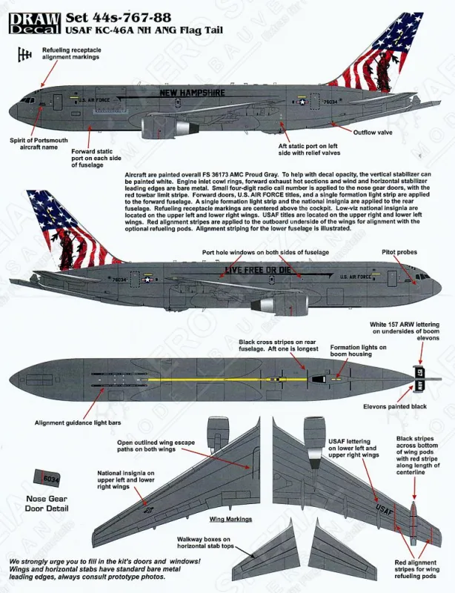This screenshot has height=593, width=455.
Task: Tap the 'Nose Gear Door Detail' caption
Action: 47,503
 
